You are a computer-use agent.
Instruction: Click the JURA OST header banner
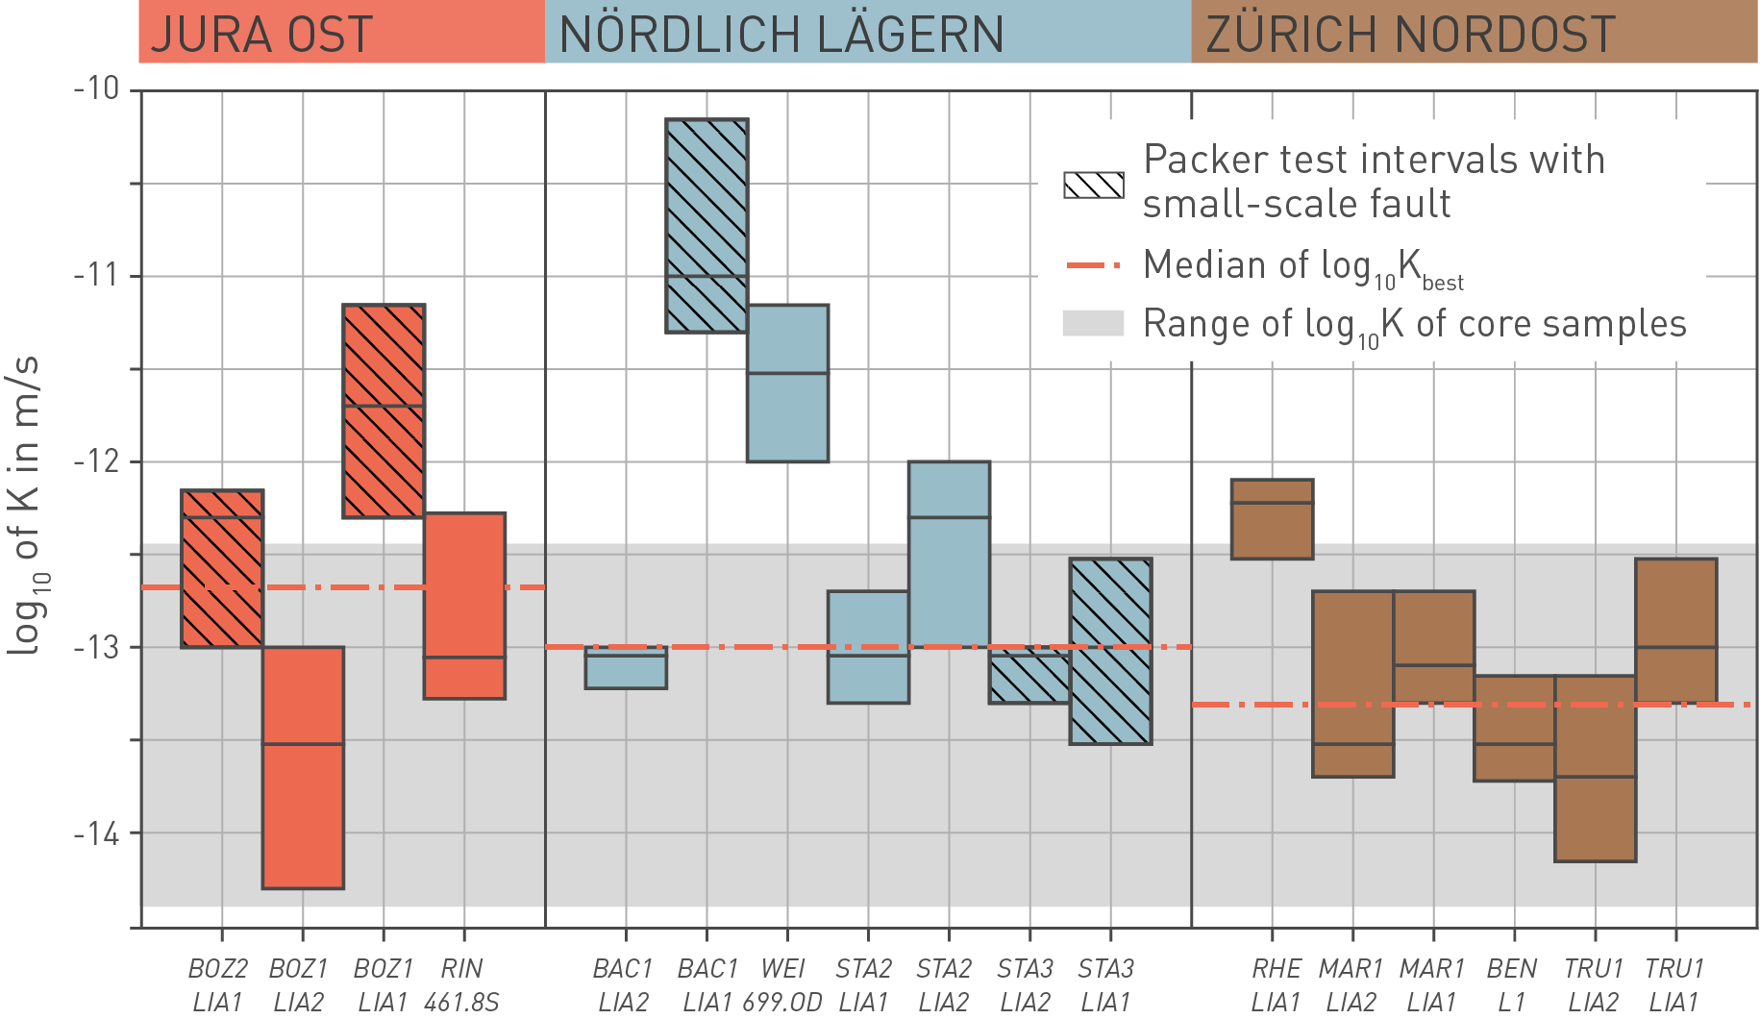click(x=341, y=33)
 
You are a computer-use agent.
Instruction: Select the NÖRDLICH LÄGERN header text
click(x=781, y=35)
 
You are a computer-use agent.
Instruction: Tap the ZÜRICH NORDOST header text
click(x=1410, y=35)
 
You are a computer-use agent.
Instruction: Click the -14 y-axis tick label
click(x=97, y=833)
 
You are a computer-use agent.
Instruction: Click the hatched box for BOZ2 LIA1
click(x=222, y=568)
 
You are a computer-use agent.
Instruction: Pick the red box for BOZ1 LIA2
click(x=303, y=767)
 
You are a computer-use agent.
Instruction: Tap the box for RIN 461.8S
click(x=465, y=606)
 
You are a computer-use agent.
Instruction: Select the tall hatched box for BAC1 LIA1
click(x=706, y=226)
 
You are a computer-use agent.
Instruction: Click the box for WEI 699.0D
click(x=788, y=383)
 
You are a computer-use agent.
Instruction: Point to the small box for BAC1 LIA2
click(x=626, y=667)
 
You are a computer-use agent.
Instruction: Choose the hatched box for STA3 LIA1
click(x=1110, y=651)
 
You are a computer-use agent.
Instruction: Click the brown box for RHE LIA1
click(x=1272, y=519)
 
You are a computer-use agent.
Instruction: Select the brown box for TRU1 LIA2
click(x=1595, y=768)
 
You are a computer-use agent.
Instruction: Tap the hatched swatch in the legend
click(x=1093, y=185)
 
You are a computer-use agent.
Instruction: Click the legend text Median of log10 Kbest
click(x=1302, y=266)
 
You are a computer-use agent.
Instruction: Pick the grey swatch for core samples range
click(x=1093, y=324)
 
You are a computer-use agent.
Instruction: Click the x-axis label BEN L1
click(x=1512, y=984)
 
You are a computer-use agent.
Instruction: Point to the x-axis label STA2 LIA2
click(x=944, y=984)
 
